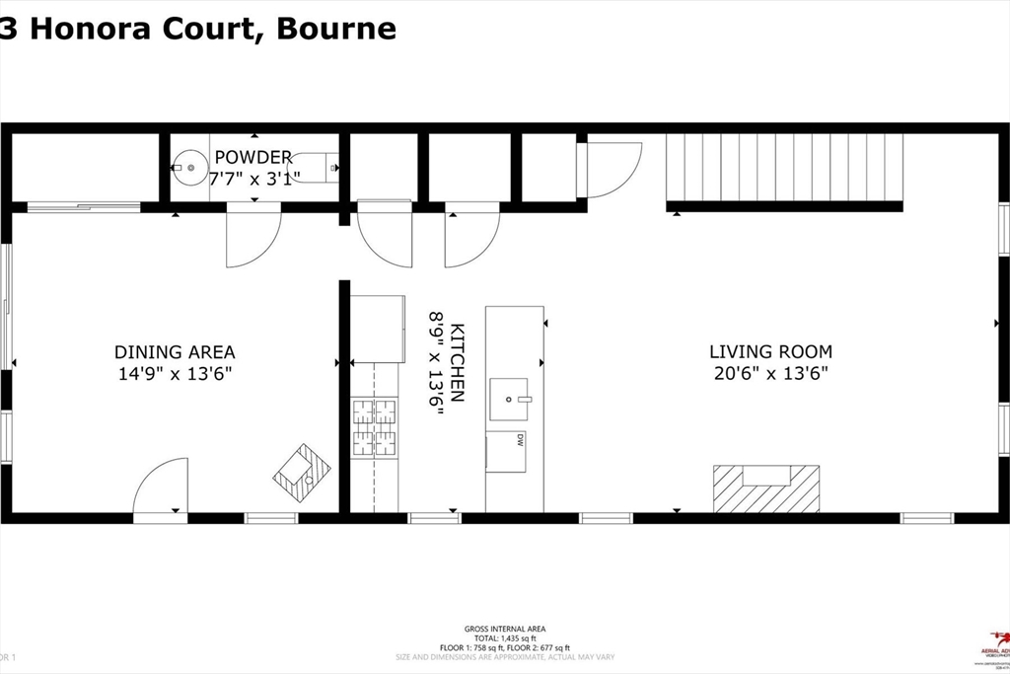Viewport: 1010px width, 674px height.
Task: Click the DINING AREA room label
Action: pyautogui.click(x=175, y=352)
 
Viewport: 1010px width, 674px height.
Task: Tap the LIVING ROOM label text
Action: pyautogui.click(x=770, y=351)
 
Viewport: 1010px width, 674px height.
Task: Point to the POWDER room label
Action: pyautogui.click(x=253, y=157)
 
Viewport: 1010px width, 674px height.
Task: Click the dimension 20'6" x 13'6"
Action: pyautogui.click(x=770, y=373)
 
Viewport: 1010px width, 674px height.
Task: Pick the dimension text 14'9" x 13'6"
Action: pyautogui.click(x=174, y=374)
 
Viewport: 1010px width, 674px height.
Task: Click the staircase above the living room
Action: pyautogui.click(x=785, y=168)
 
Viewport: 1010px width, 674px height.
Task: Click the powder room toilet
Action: pyautogui.click(x=314, y=167)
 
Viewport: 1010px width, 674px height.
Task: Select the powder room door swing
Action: pyautogui.click(x=253, y=237)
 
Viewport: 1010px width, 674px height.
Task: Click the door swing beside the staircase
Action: pyautogui.click(x=612, y=168)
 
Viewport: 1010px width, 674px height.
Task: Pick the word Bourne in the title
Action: pyautogui.click(x=336, y=29)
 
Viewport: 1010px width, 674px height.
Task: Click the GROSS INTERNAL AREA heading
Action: pyautogui.click(x=505, y=629)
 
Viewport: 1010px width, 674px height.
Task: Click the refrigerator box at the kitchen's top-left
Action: pyautogui.click(x=379, y=329)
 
